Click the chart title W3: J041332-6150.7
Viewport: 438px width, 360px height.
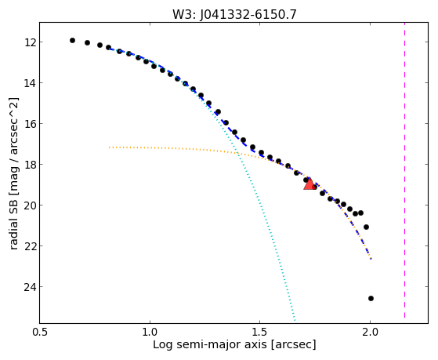(234, 14)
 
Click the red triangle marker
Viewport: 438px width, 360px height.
(309, 184)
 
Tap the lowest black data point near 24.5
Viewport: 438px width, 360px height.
(371, 299)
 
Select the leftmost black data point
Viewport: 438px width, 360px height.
(72, 40)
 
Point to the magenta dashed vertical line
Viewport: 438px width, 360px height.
(404, 170)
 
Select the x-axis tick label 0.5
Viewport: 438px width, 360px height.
(40, 332)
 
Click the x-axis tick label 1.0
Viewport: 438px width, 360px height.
(150, 332)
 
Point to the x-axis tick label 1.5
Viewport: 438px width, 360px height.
(260, 332)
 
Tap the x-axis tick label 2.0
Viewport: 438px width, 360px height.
(370, 332)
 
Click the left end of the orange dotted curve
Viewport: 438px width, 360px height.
(109, 147)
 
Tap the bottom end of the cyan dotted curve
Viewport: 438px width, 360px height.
(295, 320)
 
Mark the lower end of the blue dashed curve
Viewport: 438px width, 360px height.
(371, 259)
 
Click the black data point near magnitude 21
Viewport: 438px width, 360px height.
(366, 227)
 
